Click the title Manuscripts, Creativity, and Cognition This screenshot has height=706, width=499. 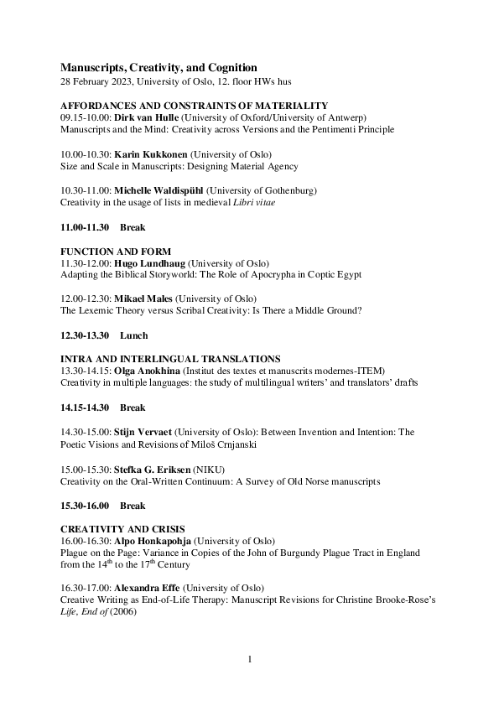point(159,67)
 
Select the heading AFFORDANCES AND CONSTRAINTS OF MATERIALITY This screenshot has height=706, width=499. point(194,106)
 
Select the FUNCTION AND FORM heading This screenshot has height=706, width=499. point(116,252)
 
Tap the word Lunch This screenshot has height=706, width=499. point(134,336)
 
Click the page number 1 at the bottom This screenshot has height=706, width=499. point(249,660)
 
